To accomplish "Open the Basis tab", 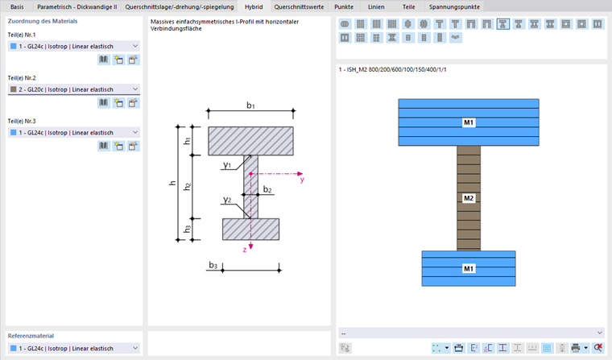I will click(x=17, y=6).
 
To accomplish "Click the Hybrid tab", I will click(x=253, y=6).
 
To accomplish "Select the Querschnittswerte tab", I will click(x=300, y=6).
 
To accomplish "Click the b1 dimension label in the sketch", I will click(x=250, y=106).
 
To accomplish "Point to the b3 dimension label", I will click(x=213, y=264).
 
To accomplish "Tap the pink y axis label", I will click(x=302, y=180).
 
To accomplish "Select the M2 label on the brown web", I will click(x=469, y=197).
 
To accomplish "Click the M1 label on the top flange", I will click(x=469, y=122).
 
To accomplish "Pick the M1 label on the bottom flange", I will click(x=469, y=267).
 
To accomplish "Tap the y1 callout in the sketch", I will click(x=228, y=165).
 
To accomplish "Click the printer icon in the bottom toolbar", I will click(x=575, y=348).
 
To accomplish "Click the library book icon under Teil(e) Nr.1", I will click(x=104, y=60).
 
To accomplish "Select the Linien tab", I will click(x=376, y=6).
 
